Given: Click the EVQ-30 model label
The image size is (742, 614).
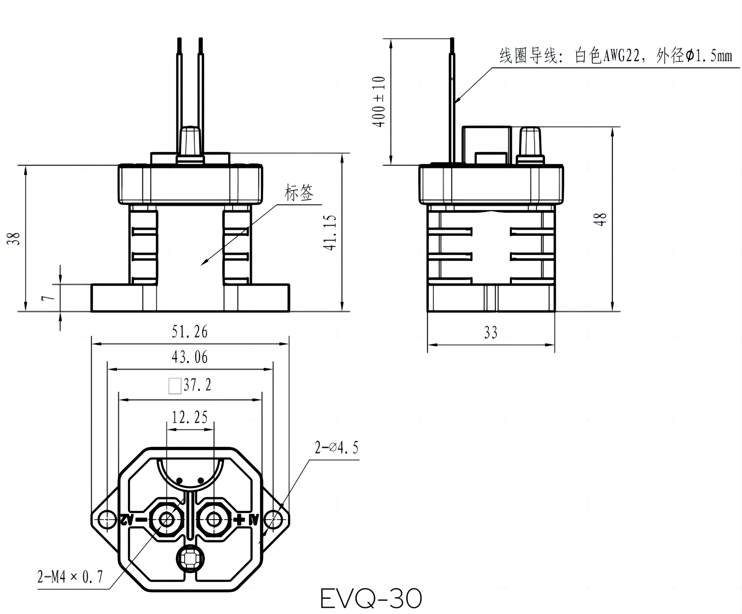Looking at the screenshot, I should click(371, 598).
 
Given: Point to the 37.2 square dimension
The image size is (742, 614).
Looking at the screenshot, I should click(197, 385).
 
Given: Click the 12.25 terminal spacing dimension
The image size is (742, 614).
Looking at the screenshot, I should click(190, 417).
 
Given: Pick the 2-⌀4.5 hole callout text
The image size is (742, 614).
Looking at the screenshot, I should click(336, 448).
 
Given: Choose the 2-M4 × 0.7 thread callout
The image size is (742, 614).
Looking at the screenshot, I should click(70, 577).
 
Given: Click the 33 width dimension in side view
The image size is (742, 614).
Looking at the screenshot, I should click(490, 333).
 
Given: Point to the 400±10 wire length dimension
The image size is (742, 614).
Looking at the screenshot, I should click(379, 102).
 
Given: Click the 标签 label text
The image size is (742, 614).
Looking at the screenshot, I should click(299, 193).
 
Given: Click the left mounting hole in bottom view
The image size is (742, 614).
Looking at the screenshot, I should click(107, 519).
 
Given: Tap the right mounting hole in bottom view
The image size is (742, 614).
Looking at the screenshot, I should click(273, 519).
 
